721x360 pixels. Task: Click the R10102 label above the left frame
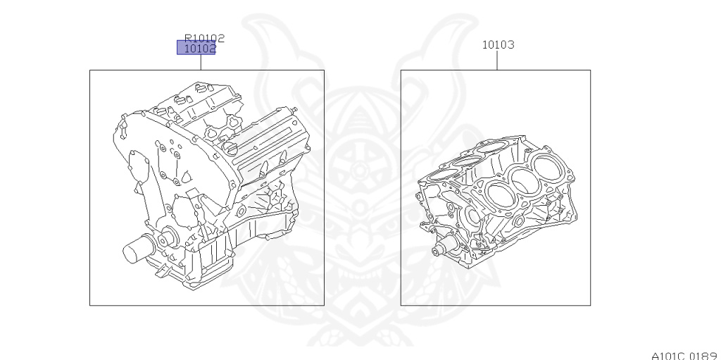(205, 38)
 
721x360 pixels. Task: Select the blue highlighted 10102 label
(196, 47)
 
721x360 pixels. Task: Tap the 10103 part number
(498, 44)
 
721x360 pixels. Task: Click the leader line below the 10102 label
(201, 62)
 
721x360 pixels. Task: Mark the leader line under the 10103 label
(497, 61)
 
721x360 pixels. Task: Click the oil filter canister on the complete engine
(137, 249)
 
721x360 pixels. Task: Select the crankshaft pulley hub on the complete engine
(168, 238)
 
